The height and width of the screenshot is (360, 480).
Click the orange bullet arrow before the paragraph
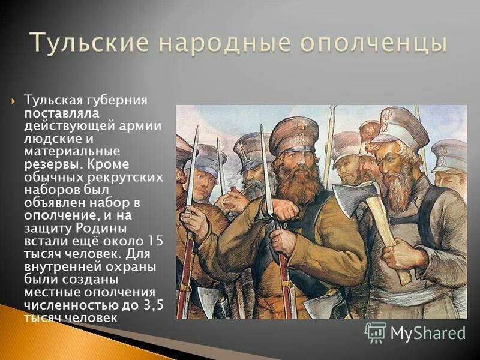pos(14,100)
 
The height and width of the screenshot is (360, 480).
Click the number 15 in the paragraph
pos(154,240)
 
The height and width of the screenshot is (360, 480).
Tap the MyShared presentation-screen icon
pos(375,332)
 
